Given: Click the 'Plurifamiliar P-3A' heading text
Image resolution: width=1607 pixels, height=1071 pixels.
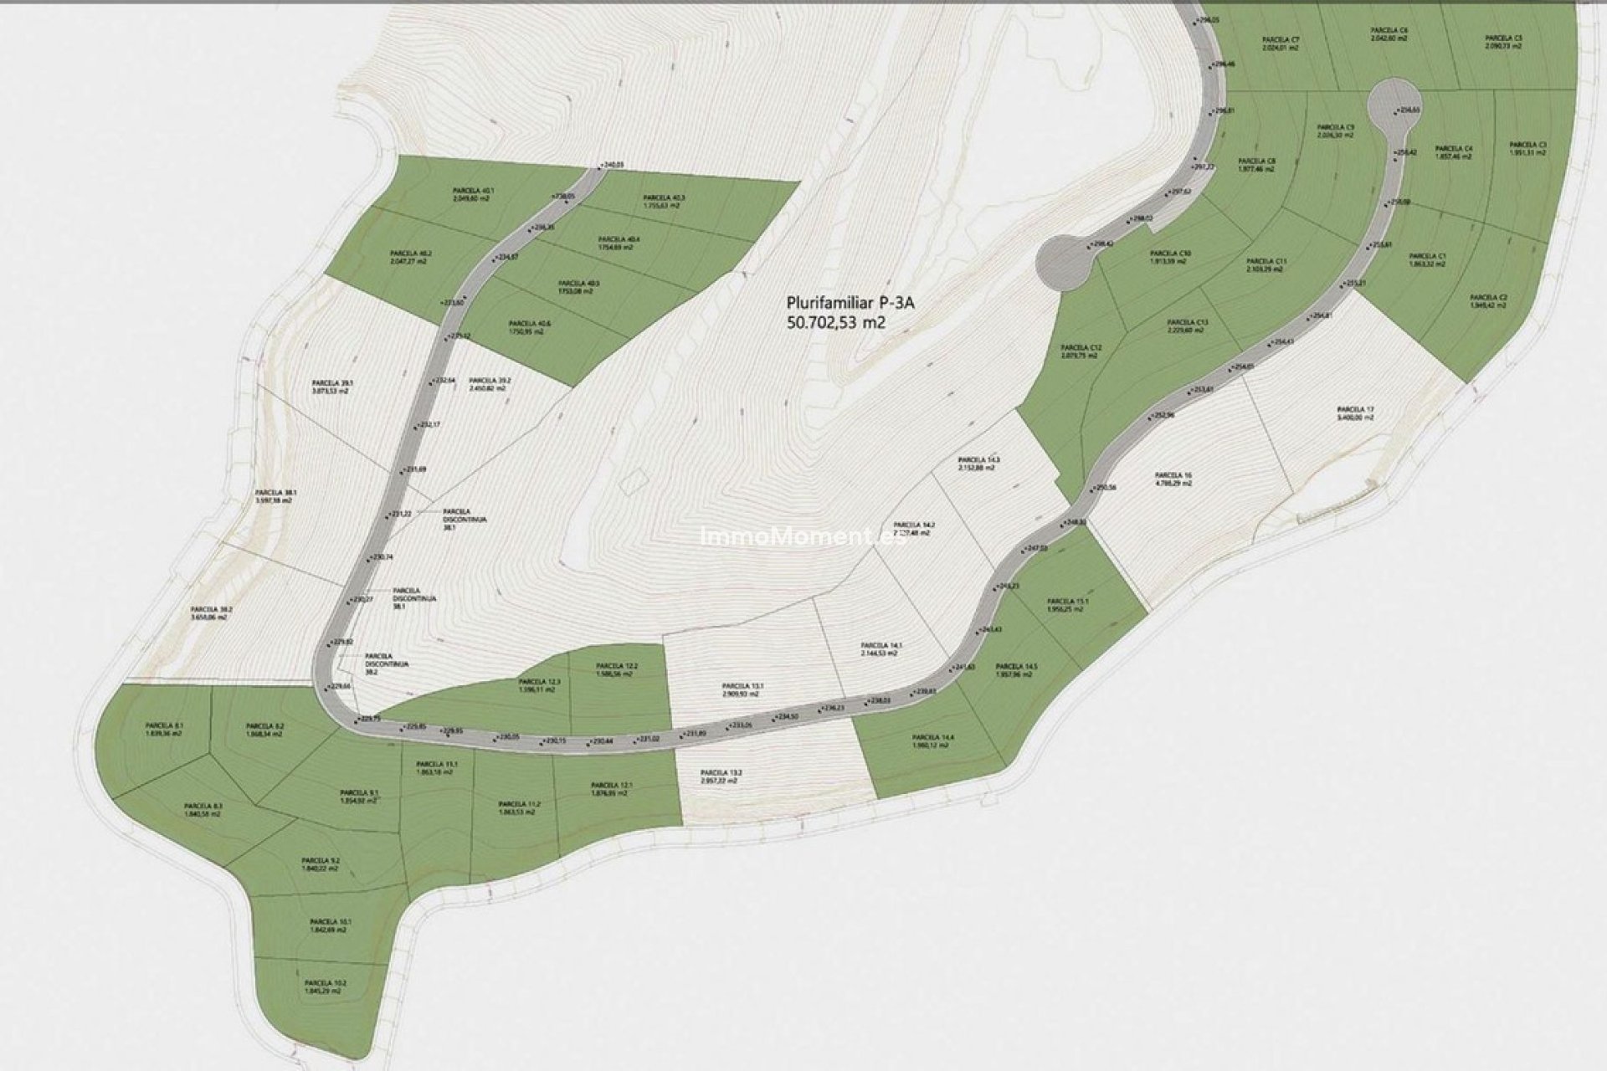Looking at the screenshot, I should coord(850,303).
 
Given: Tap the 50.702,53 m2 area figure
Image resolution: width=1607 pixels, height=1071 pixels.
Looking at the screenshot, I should coord(836,321).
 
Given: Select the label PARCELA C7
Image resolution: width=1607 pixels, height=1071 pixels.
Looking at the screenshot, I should coord(1281,40).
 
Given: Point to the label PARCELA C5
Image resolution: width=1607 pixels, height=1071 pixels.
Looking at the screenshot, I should coord(1503,38).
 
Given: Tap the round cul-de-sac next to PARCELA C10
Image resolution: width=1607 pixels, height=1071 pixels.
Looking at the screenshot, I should coord(1065,262).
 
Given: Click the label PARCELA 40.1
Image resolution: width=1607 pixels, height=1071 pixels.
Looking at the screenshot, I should coord(472,190).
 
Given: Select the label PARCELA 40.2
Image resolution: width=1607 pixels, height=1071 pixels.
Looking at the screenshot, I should coord(409,254).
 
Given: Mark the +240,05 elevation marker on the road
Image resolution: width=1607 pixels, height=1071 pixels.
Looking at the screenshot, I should coord(611,165).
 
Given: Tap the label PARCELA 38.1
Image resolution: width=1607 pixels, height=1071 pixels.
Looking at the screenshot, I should coord(277,492).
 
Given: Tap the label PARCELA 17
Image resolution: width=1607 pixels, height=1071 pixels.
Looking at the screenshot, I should coord(1357,409).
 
